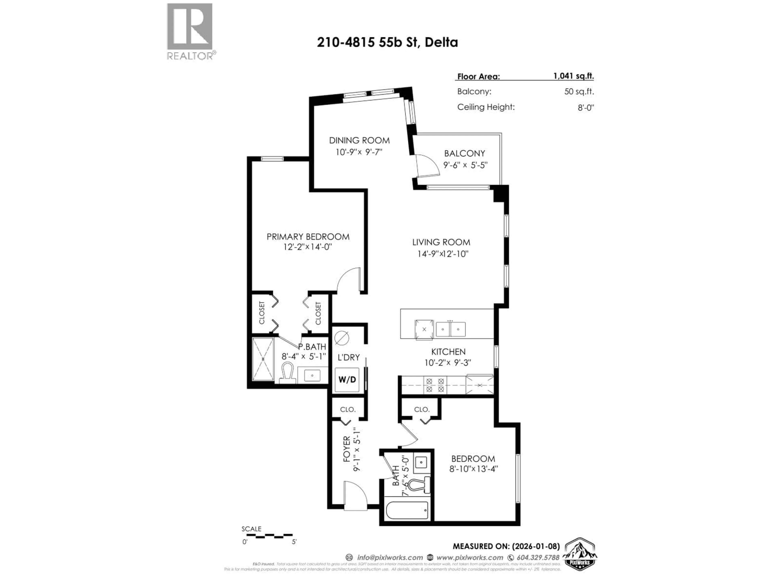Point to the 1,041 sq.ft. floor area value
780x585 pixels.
[x=573, y=76]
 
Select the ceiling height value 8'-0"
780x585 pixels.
[x=585, y=107]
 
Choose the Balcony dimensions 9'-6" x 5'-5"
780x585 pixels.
[x=465, y=165]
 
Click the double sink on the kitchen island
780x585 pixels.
[x=450, y=329]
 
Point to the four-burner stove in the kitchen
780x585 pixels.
[x=435, y=385]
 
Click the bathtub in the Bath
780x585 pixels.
[x=407, y=510]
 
